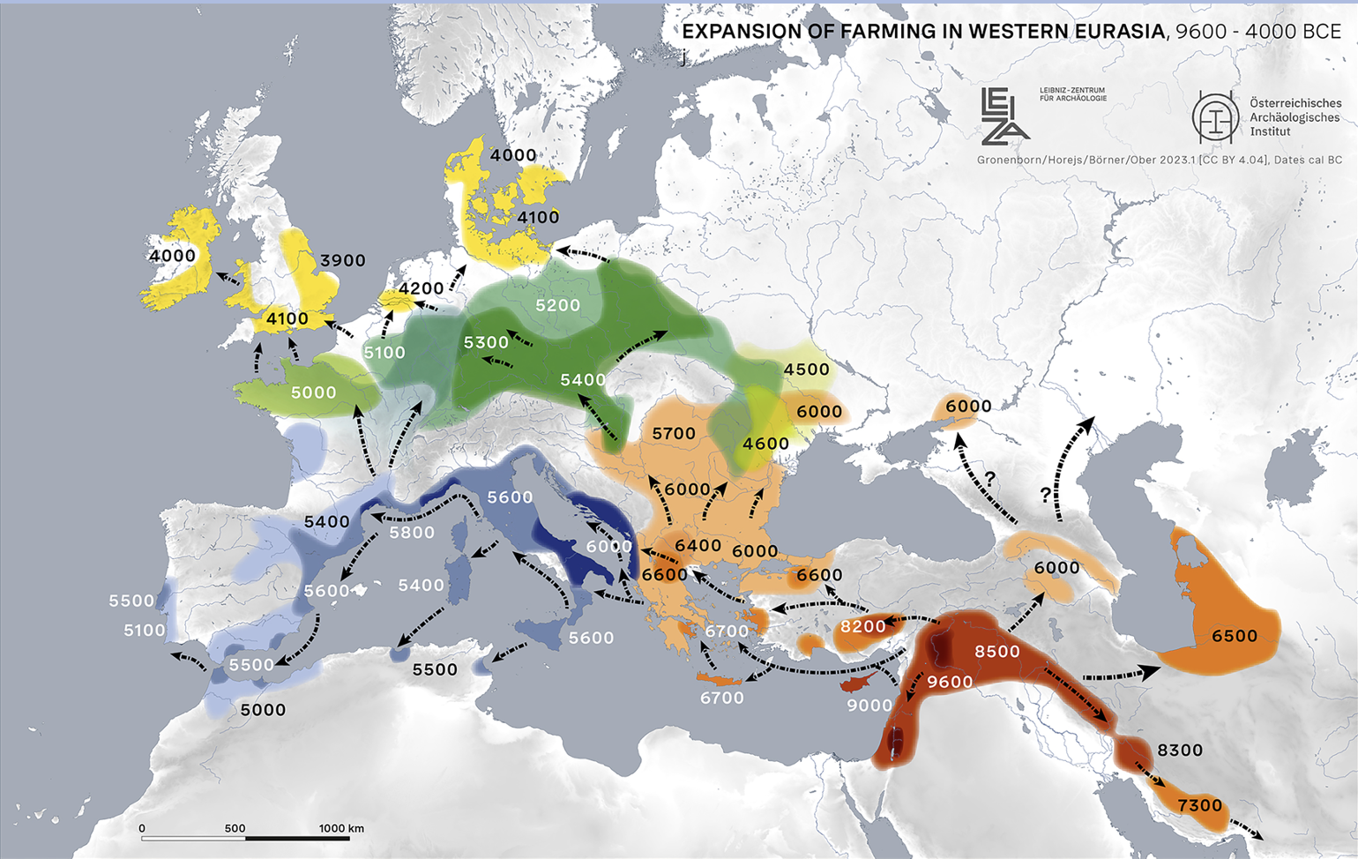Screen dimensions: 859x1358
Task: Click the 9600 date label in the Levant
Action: coord(950,682)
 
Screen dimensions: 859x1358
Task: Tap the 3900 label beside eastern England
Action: coord(342,260)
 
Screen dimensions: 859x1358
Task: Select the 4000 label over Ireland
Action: coord(172,256)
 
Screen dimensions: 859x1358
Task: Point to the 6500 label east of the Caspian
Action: coord(1235,636)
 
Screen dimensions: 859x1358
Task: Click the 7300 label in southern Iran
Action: coord(1200,804)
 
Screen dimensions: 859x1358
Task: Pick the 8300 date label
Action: coord(1180,750)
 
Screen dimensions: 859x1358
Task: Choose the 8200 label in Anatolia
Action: coord(862,626)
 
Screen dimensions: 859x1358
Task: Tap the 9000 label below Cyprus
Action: coord(869,705)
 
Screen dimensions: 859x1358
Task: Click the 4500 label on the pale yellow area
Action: coord(807,369)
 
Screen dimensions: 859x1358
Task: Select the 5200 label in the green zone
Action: coord(558,305)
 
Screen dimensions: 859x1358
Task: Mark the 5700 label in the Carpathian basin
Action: coord(674,433)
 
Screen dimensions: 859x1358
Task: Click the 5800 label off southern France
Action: coord(412,533)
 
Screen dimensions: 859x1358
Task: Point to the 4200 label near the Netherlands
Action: coord(421,288)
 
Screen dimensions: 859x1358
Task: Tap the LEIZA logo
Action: coord(1004,116)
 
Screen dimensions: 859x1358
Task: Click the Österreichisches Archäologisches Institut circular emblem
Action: coord(1216,117)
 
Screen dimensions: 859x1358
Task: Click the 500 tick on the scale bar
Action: coord(235,829)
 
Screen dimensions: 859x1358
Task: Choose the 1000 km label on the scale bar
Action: coord(341,828)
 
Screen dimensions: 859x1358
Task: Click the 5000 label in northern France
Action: coord(313,392)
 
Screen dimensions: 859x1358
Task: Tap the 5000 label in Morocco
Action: coord(263,709)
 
